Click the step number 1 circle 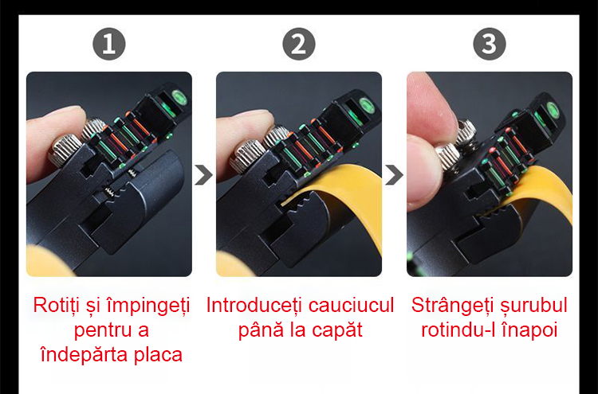(x=109, y=44)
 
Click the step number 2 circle (x=299, y=44)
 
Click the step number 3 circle (x=490, y=44)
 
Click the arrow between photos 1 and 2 (x=203, y=175)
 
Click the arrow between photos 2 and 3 (x=394, y=175)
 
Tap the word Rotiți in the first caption (x=57, y=306)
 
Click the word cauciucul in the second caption (x=351, y=306)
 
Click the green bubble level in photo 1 (x=179, y=97)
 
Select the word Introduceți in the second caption (x=254, y=306)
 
